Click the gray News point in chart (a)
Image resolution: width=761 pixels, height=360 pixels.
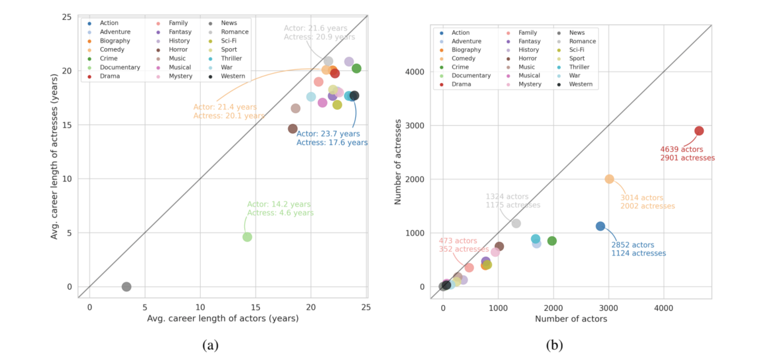[126, 287]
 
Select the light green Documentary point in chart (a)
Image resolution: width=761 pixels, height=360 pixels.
[247, 237]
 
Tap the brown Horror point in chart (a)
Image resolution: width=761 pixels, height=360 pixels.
[293, 129]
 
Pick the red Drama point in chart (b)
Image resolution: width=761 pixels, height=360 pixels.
[699, 131]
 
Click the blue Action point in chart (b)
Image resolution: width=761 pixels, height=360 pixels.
[600, 226]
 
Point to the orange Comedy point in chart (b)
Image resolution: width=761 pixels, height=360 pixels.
[609, 179]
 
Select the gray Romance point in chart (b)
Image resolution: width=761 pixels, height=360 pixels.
[516, 223]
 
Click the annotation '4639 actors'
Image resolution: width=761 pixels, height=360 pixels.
[681, 149]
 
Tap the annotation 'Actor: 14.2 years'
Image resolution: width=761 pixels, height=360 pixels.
[279, 204]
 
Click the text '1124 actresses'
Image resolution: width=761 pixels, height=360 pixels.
[638, 253]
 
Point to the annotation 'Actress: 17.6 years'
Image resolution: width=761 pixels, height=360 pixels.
[332, 143]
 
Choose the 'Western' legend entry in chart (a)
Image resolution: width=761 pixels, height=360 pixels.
[233, 76]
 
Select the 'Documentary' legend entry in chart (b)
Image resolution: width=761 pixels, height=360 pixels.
[471, 75]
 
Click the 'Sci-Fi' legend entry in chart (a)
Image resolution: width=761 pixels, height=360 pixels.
[228, 41]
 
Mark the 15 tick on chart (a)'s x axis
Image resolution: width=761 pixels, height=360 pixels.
[255, 307]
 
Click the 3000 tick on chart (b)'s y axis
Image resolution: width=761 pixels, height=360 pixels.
[415, 126]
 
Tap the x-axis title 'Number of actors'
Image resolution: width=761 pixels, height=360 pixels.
[571, 319]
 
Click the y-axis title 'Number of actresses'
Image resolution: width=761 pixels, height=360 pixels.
[398, 162]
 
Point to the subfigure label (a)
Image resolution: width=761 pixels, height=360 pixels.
[210, 345]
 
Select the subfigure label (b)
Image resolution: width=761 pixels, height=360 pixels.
[554, 345]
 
